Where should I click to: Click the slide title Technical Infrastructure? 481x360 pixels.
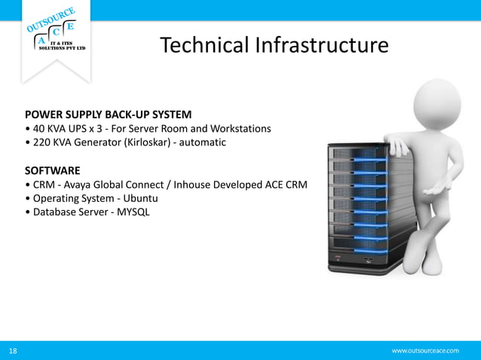click(x=274, y=46)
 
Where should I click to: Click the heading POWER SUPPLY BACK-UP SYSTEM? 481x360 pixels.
click(x=108, y=115)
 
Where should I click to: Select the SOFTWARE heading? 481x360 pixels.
click(x=52, y=171)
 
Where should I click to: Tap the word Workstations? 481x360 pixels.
click(x=236, y=129)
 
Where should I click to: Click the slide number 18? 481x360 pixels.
click(x=13, y=351)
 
